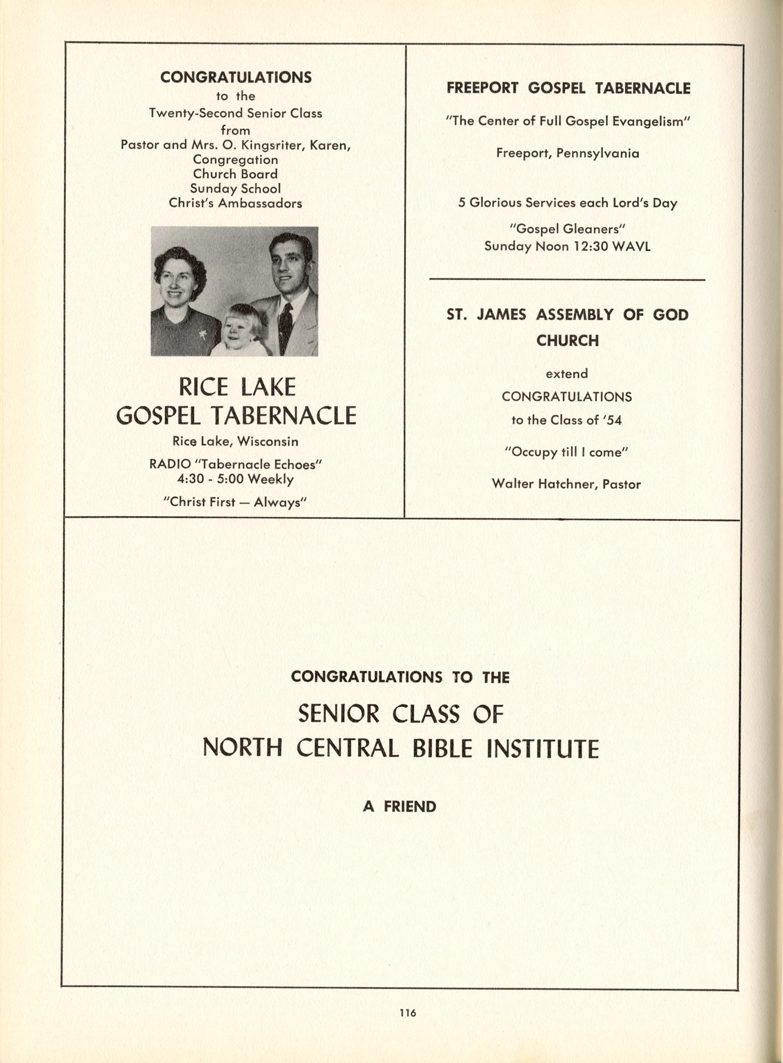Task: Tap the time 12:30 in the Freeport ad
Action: (x=586, y=247)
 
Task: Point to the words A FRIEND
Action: (x=399, y=806)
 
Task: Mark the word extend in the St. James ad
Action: (x=567, y=374)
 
